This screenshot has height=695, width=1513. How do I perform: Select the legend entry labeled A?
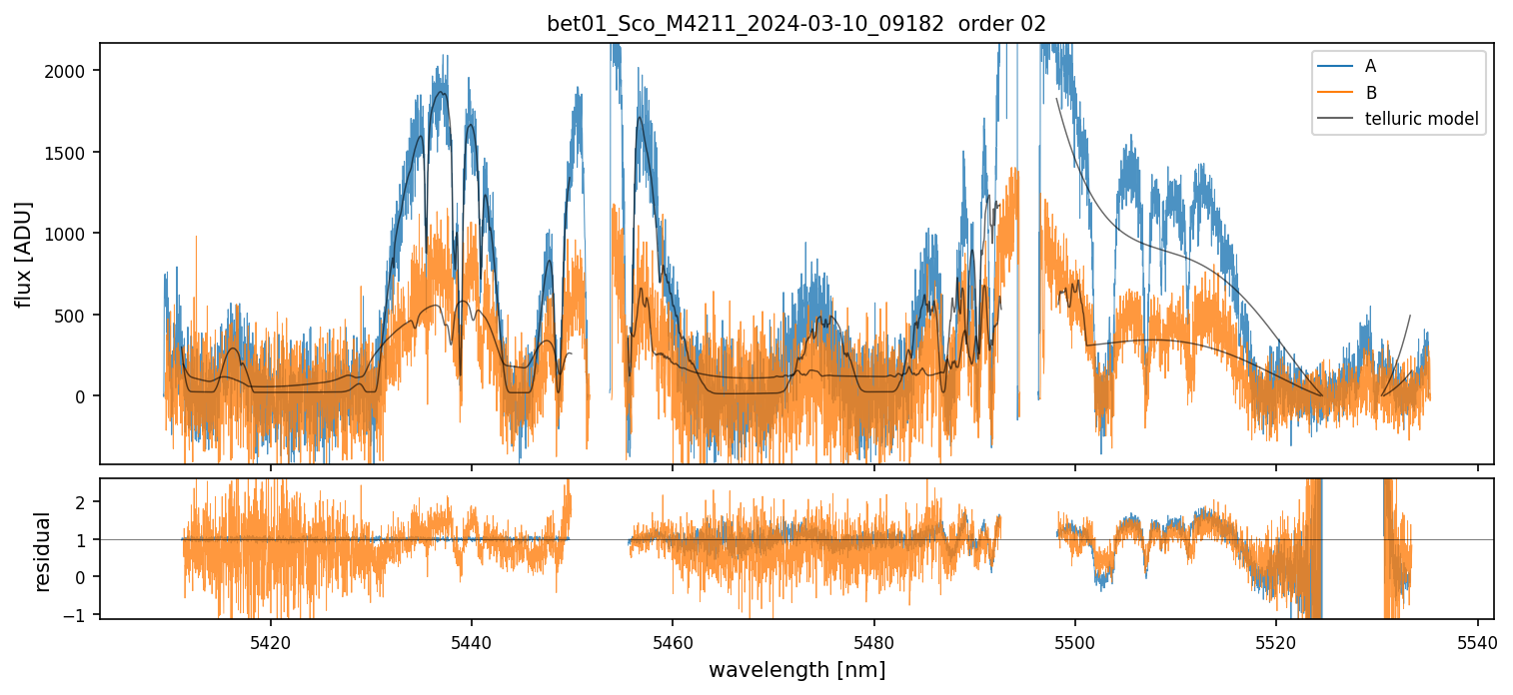click(1370, 66)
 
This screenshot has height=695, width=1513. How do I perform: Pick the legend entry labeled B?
click(1370, 93)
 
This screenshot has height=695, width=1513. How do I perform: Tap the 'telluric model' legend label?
click(1421, 120)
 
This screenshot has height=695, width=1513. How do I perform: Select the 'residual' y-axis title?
click(42, 550)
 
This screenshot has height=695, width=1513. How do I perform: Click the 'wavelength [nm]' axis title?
click(796, 670)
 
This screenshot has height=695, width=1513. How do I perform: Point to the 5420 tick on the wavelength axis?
click(270, 640)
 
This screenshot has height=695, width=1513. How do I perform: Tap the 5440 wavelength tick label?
click(471, 640)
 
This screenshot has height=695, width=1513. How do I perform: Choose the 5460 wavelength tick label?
click(673, 640)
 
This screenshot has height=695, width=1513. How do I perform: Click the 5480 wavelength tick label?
click(873, 640)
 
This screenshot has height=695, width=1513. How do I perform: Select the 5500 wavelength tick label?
click(1075, 640)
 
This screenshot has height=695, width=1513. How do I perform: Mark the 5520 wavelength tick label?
click(1276, 640)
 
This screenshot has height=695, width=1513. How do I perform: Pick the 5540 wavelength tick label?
click(1477, 640)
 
